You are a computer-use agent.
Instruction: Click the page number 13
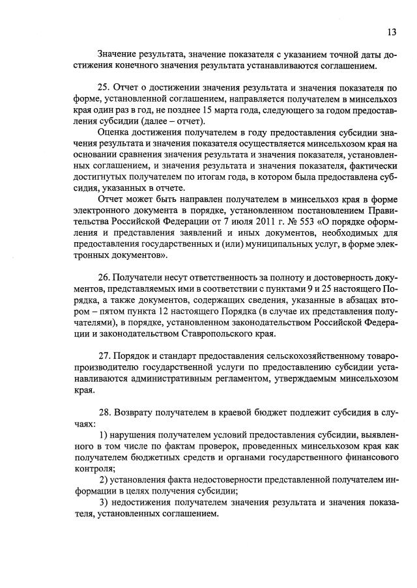[x=391, y=31]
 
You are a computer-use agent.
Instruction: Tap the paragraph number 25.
[x=102, y=87]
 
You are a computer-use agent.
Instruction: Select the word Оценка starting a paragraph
[x=113, y=133]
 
